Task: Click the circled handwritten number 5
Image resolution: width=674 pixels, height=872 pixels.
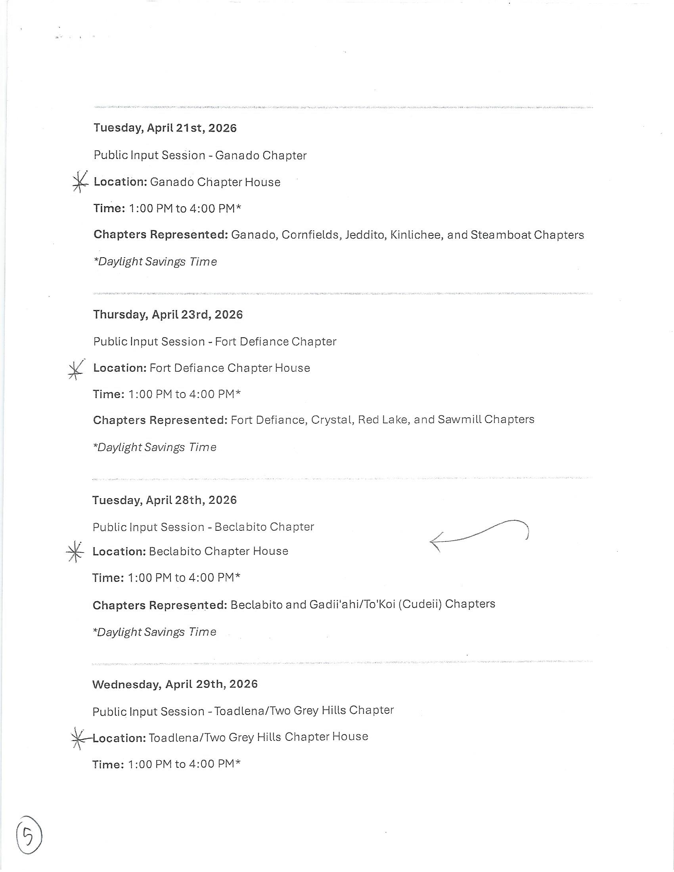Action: point(29,835)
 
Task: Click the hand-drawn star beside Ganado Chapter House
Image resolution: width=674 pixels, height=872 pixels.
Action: point(80,182)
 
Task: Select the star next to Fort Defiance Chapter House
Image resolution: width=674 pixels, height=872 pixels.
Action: point(76,369)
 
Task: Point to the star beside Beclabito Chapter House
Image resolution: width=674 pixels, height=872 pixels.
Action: point(75,552)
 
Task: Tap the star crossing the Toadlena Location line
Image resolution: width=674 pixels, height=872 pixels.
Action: point(78,738)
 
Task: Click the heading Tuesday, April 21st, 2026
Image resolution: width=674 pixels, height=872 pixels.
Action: point(165,128)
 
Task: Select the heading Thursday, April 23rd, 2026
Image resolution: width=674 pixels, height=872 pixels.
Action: point(168,315)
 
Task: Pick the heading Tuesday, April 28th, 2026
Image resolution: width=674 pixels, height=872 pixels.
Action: point(165,500)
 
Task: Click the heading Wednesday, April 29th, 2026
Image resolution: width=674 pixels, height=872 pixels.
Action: point(175,685)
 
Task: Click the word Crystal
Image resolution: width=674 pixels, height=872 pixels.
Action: point(332,420)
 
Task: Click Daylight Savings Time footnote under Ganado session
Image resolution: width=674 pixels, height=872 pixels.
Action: point(155,262)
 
